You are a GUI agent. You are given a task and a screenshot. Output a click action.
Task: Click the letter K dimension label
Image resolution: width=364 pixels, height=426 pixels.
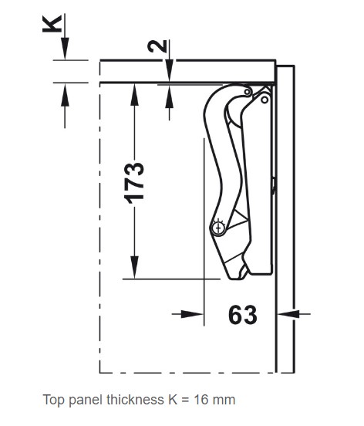point(52,24)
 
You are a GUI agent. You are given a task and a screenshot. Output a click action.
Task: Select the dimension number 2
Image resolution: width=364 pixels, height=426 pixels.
point(157,46)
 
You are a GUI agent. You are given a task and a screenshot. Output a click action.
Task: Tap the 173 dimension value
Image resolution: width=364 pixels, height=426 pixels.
point(134,183)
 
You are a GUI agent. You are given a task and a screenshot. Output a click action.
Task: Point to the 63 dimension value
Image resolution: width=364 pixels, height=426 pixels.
point(243,315)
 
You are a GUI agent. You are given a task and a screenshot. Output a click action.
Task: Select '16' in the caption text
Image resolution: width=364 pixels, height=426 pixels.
point(201,400)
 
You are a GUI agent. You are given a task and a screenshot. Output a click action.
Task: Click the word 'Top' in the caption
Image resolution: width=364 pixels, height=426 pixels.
point(54,401)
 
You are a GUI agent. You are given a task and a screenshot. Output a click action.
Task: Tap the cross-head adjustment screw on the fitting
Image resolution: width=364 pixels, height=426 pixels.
point(218,228)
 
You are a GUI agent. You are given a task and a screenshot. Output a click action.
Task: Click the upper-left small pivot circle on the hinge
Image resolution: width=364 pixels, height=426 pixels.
point(248,92)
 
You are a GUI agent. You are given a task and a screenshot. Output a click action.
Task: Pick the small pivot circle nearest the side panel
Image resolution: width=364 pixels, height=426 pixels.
point(265,100)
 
